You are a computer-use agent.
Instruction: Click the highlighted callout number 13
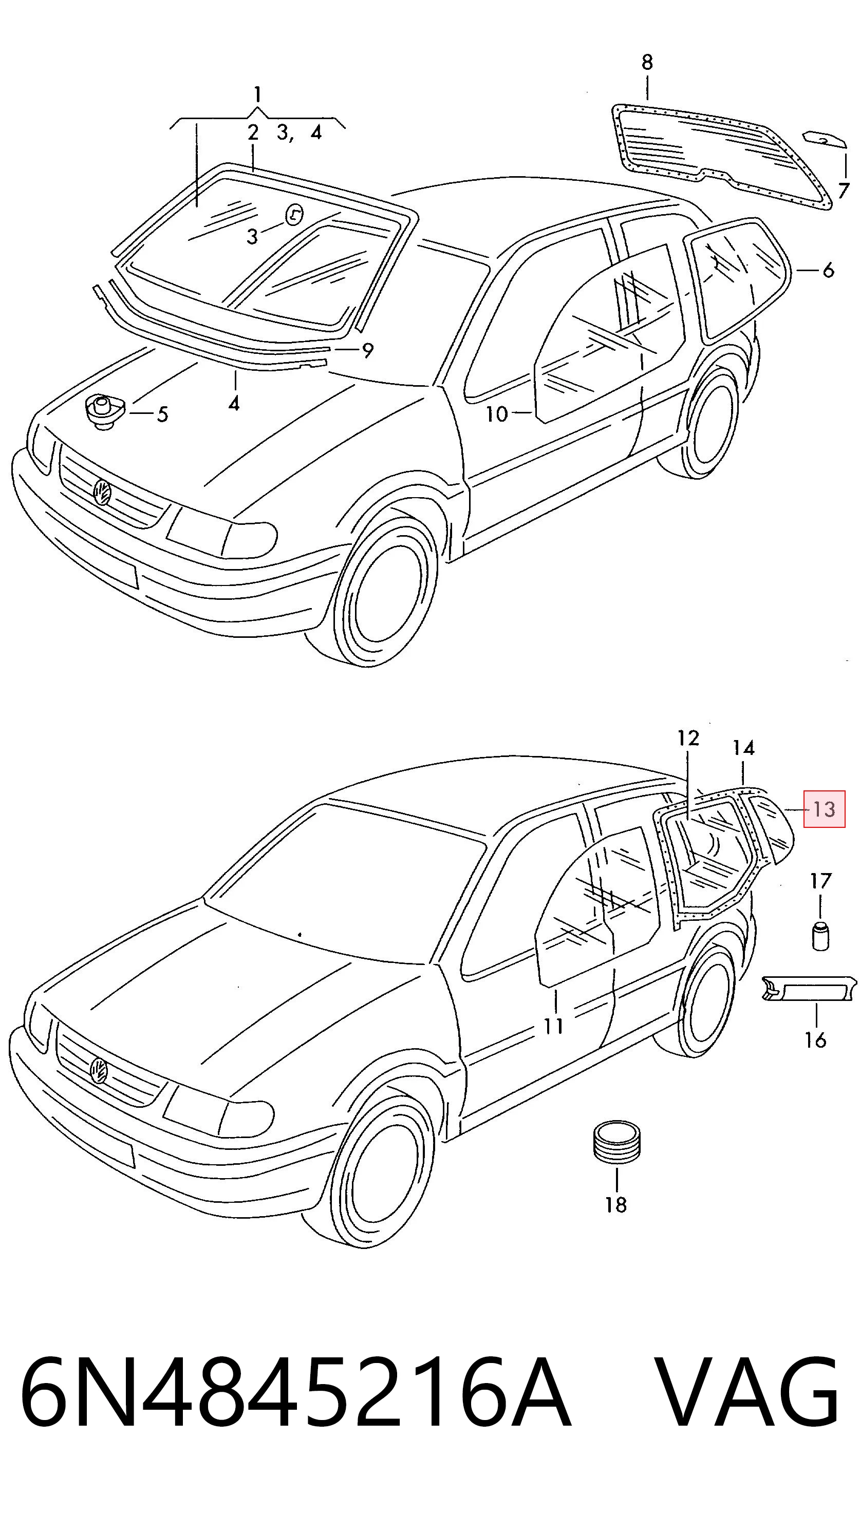pyautogui.click(x=824, y=808)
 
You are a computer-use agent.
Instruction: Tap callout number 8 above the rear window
pyautogui.click(x=647, y=62)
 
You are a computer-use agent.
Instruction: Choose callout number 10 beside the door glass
pyautogui.click(x=497, y=414)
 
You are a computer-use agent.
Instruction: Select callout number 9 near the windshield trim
pyautogui.click(x=367, y=350)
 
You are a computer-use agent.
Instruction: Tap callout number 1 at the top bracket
pyautogui.click(x=257, y=94)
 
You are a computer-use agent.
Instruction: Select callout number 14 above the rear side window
pyautogui.click(x=744, y=748)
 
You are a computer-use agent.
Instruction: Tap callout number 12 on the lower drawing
pyautogui.click(x=688, y=738)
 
